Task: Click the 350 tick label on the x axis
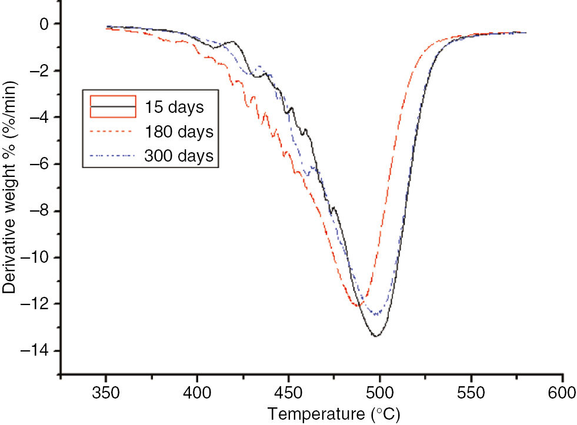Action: pyautogui.click(x=106, y=393)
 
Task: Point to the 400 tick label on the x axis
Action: pyautogui.click(x=197, y=393)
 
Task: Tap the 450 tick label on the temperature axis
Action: pyautogui.click(x=288, y=393)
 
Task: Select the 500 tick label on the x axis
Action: pyautogui.click(x=380, y=393)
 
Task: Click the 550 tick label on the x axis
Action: pyautogui.click(x=471, y=393)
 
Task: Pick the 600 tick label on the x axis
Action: pyautogui.click(x=563, y=393)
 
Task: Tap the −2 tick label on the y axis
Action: pyautogui.click(x=39, y=71)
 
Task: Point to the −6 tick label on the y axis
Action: pyautogui.click(x=39, y=165)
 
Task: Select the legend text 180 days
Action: pyautogui.click(x=178, y=132)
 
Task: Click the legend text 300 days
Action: pyautogui.click(x=178, y=156)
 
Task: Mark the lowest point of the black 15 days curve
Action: pyautogui.click(x=376, y=336)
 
